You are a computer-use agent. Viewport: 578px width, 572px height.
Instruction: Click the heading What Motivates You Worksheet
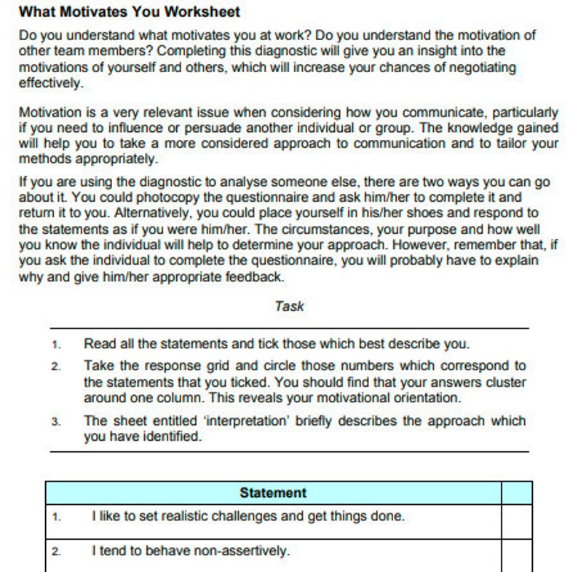[129, 12]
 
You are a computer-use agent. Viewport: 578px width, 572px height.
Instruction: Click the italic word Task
[289, 306]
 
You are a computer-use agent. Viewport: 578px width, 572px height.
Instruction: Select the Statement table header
[273, 493]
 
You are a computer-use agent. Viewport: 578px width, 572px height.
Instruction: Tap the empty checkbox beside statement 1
[516, 517]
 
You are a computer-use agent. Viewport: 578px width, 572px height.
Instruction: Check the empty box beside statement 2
[516, 551]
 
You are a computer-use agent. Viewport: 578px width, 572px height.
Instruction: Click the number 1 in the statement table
[57, 518]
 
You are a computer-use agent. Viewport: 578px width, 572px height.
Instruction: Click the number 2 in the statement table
[57, 552]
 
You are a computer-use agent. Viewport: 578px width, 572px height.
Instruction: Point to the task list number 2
[57, 367]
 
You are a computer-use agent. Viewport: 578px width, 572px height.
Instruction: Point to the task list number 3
[57, 422]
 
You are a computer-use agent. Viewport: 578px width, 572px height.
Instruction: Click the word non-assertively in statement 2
[242, 551]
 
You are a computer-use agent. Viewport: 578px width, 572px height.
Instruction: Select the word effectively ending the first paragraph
[50, 83]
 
